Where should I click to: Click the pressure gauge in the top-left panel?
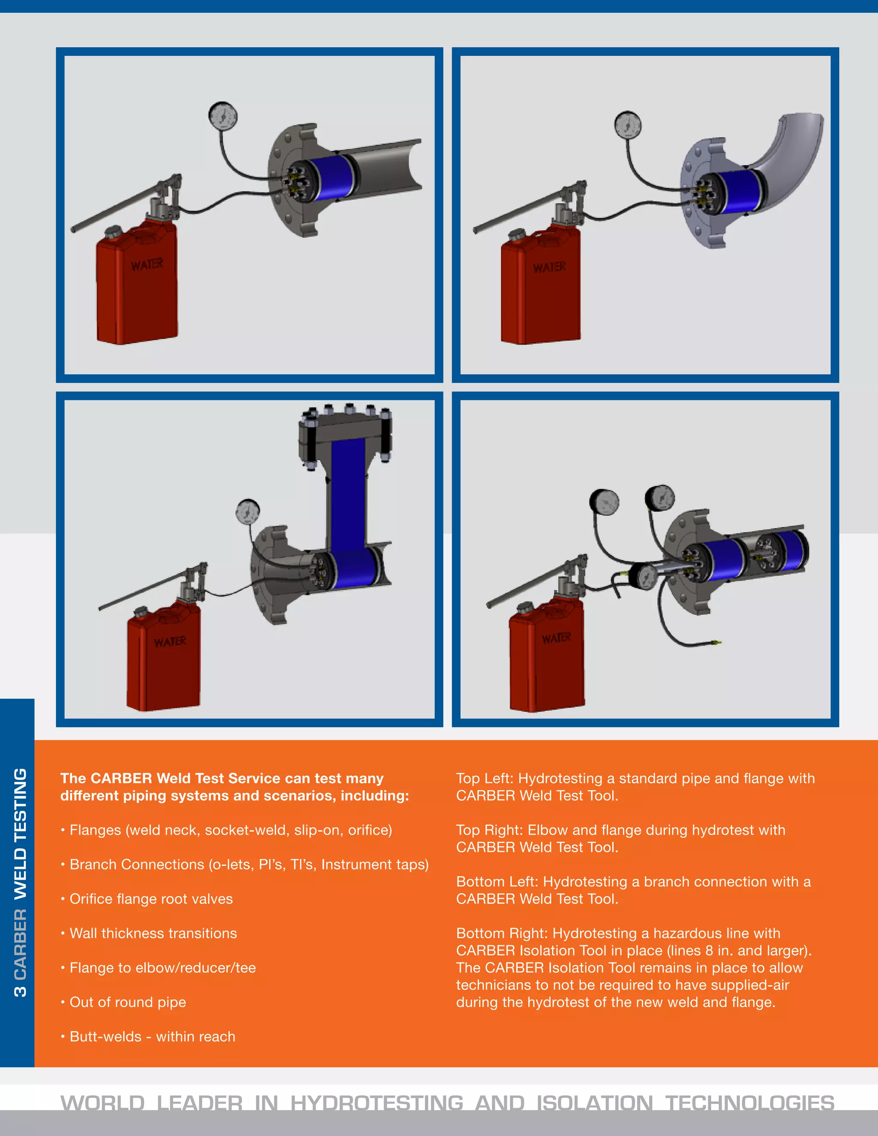(223, 115)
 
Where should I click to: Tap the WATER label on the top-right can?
(549, 267)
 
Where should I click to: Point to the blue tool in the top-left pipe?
(333, 177)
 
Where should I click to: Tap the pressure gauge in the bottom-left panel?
(248, 512)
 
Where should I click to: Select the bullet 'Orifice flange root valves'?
(151, 899)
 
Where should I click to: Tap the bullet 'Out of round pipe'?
(127, 1002)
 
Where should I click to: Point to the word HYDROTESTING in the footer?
(376, 1102)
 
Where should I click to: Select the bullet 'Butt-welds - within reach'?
(152, 1036)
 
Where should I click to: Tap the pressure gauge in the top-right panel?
(627, 125)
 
